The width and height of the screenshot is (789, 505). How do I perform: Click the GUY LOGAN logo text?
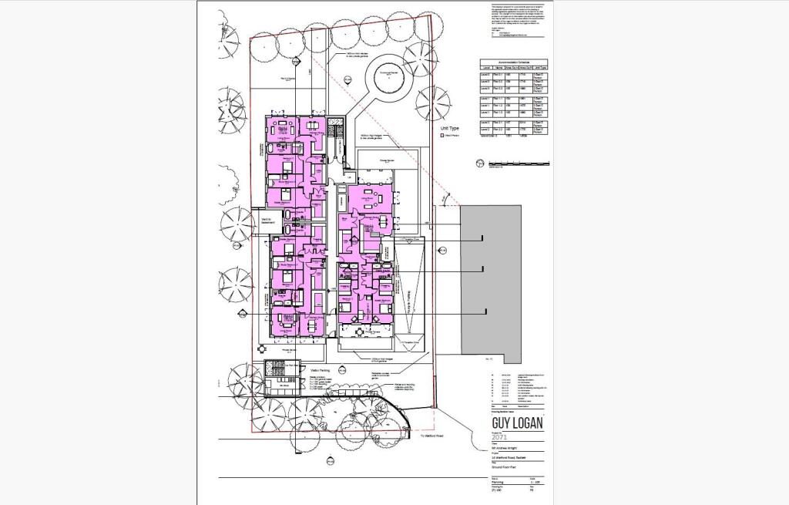(x=517, y=423)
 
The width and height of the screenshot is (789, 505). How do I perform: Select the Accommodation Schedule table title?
(x=513, y=62)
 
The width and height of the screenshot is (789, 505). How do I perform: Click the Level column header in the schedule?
(x=485, y=68)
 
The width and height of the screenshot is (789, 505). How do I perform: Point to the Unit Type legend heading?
(x=449, y=128)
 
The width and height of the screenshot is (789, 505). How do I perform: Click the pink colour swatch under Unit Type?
(x=442, y=135)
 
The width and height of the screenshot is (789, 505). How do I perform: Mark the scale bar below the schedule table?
(x=520, y=163)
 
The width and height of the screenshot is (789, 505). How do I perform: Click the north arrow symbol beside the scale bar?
(x=479, y=162)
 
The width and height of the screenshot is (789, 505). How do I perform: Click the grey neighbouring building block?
(x=482, y=278)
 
